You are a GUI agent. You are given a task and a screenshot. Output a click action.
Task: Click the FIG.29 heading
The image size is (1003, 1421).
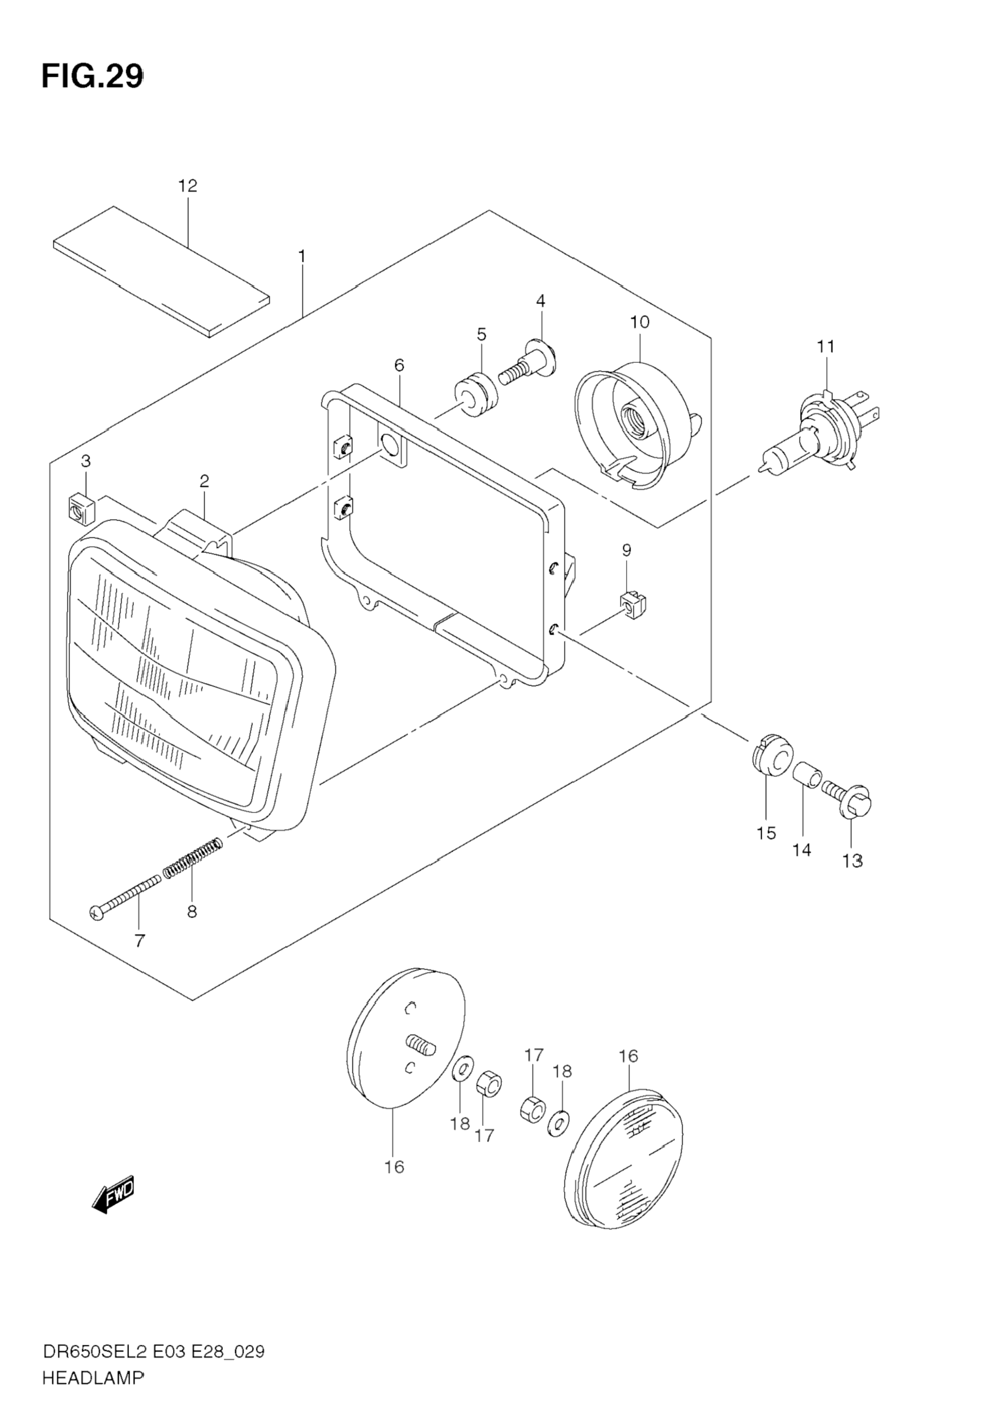click(92, 77)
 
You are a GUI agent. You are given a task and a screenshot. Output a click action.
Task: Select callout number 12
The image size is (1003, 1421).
click(187, 185)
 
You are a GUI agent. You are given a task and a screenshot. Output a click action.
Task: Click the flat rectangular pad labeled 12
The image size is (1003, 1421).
click(162, 272)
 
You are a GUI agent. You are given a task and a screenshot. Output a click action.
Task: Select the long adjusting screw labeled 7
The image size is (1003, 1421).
click(125, 897)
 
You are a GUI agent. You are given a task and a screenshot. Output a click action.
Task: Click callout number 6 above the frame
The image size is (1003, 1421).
click(399, 366)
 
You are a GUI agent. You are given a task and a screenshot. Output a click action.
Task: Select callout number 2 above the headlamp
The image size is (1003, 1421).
click(203, 480)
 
